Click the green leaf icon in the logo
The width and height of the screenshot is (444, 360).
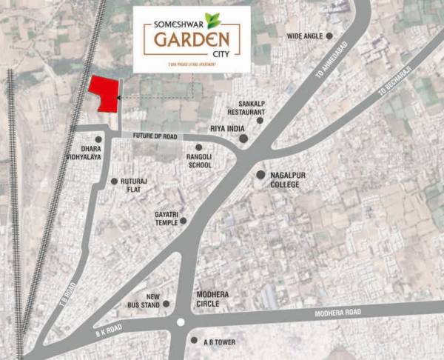click(212, 20)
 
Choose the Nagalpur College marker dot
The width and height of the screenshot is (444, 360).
click(260, 175)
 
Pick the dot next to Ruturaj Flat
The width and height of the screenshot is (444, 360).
click(113, 181)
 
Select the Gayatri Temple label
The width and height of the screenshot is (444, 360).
click(167, 219)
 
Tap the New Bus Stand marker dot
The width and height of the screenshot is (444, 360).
click(167, 303)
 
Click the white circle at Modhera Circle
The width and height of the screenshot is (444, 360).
click(181, 322)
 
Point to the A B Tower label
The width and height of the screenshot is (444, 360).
click(217, 341)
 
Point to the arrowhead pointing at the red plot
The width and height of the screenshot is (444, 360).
click(121, 97)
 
